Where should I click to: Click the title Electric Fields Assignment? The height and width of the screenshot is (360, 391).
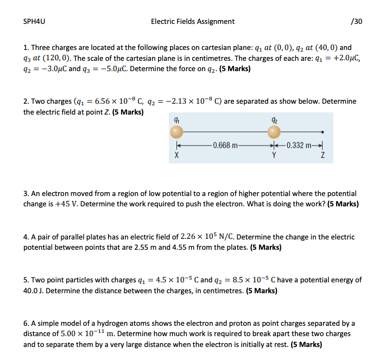(193, 22)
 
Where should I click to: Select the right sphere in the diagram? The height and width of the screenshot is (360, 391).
(274, 132)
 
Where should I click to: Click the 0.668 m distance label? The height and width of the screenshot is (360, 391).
(225, 146)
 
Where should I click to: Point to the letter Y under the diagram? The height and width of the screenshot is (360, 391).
(274, 155)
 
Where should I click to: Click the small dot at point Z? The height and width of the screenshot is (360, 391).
(323, 132)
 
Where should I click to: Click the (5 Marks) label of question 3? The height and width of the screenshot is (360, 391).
(343, 204)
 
